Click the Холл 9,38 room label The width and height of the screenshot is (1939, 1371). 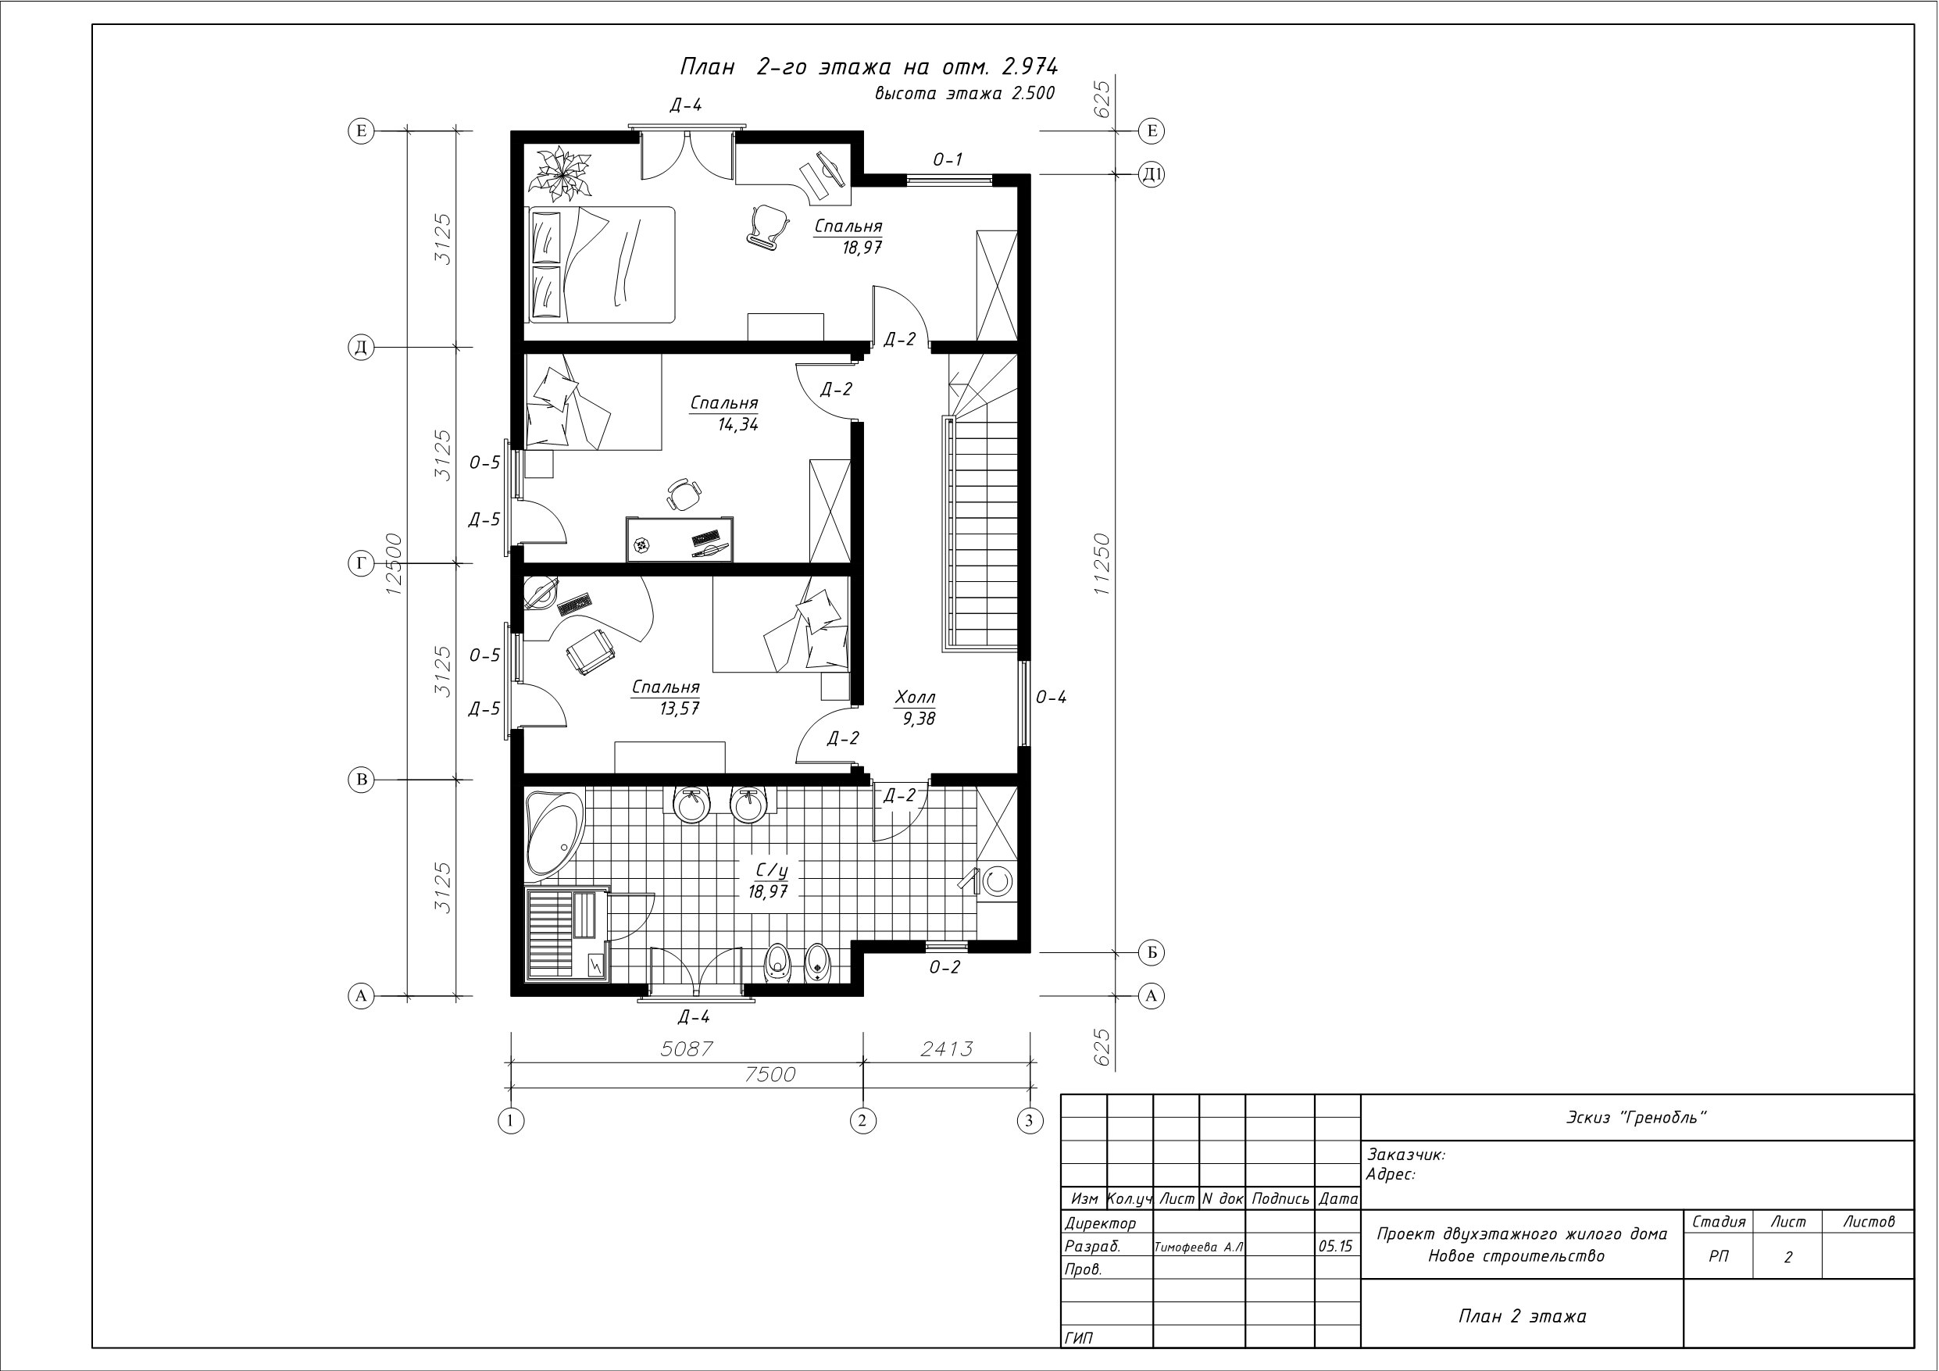[x=916, y=708]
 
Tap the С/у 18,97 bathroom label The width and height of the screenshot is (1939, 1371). [x=768, y=881]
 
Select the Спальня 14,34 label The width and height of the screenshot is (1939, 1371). [x=725, y=413]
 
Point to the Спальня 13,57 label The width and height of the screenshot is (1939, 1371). [x=666, y=698]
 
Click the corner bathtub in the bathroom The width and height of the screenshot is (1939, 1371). [x=553, y=833]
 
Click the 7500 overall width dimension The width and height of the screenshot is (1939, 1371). [x=770, y=1074]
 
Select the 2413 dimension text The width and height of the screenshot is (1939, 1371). [x=946, y=1048]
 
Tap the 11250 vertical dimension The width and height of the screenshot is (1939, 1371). [x=1102, y=564]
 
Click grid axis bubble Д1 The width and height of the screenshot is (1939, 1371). [x=1152, y=174]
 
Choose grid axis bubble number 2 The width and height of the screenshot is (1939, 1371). [x=862, y=1121]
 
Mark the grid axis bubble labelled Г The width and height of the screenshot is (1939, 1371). [x=362, y=563]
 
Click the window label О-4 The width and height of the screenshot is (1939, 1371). [x=1051, y=698]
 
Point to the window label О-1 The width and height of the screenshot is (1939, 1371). [x=948, y=159]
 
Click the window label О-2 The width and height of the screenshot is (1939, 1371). [x=945, y=968]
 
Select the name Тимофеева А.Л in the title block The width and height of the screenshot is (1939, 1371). [x=1199, y=1247]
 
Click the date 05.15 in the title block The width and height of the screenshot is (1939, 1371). [x=1335, y=1246]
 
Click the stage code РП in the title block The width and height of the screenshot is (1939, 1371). [x=1719, y=1257]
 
